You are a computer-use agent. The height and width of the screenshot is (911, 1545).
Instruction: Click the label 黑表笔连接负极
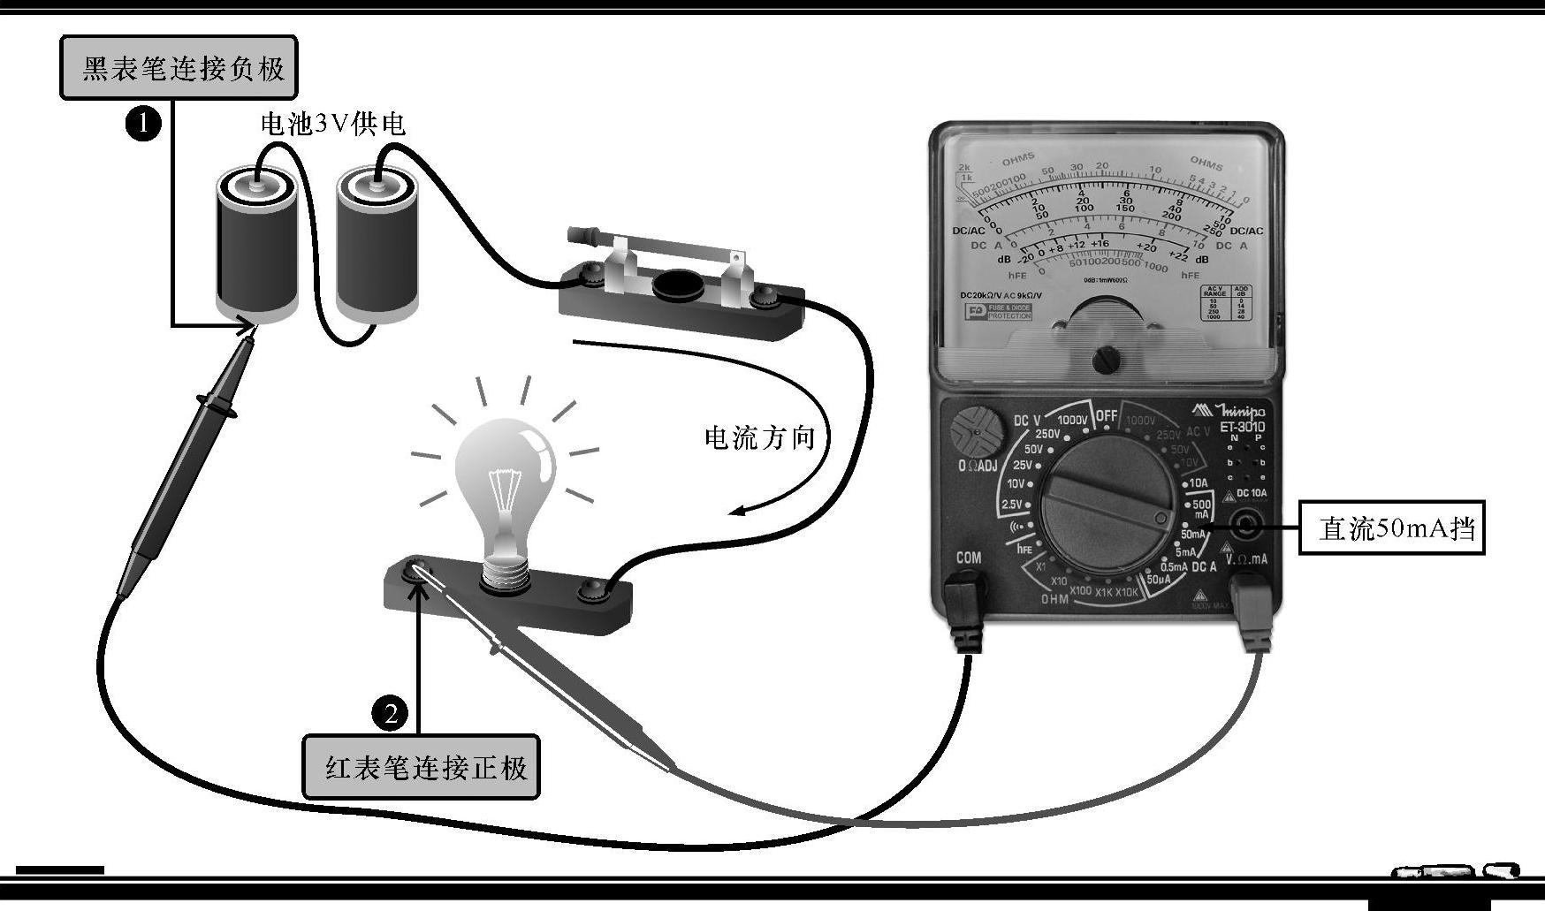click(x=179, y=68)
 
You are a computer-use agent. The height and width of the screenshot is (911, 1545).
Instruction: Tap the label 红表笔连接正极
click(x=422, y=767)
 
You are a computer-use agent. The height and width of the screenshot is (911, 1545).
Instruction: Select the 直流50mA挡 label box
click(x=1391, y=528)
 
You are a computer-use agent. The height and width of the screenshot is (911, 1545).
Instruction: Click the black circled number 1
click(x=143, y=123)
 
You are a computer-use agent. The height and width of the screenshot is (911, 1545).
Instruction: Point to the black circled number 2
click(x=390, y=712)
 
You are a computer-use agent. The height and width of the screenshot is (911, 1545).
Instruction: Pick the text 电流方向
click(x=759, y=437)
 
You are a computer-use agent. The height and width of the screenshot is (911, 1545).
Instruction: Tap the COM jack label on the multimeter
click(x=968, y=558)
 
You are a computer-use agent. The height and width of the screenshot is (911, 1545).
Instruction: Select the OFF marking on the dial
click(x=1107, y=415)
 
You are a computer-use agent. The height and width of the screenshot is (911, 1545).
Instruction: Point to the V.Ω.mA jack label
click(x=1246, y=558)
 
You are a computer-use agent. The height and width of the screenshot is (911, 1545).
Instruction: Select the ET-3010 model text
click(x=1242, y=428)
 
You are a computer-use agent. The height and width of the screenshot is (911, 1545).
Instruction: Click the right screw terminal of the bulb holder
click(x=589, y=592)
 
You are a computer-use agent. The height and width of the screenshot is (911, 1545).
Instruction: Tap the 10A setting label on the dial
click(x=1198, y=483)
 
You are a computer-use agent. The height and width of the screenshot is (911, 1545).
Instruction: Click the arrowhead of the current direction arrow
click(x=735, y=512)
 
